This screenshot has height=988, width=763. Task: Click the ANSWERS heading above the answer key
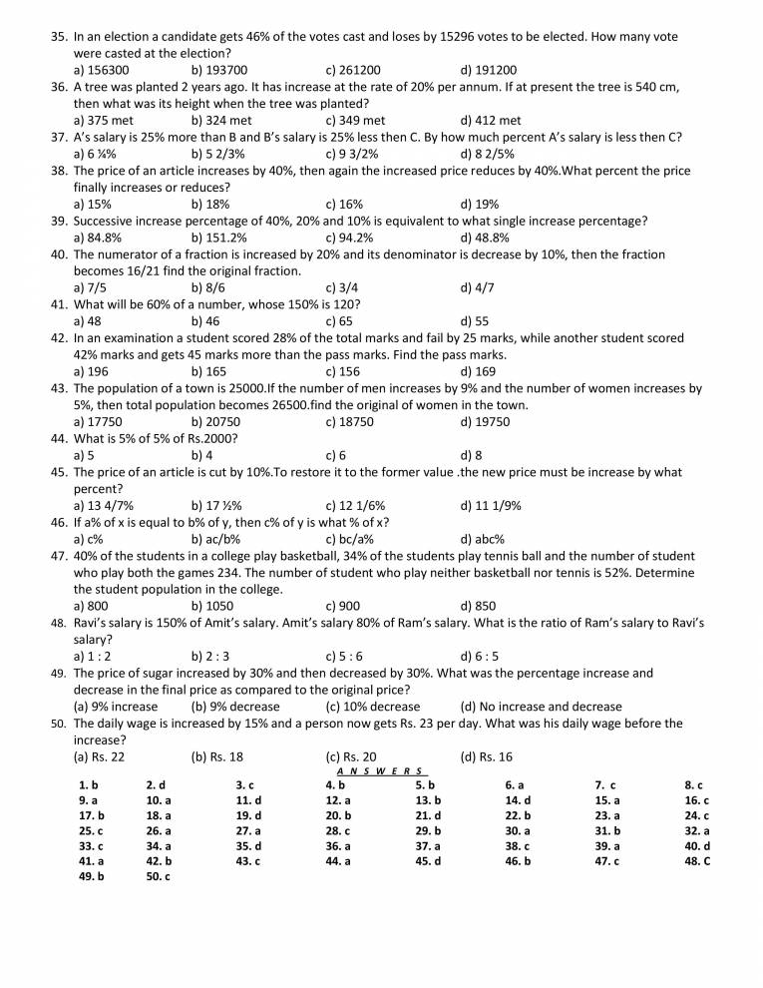(381, 771)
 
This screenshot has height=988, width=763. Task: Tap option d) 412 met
(491, 121)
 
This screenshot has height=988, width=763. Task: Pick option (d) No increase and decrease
(541, 707)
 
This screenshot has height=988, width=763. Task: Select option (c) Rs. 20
(351, 756)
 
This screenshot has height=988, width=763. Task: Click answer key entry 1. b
(88, 785)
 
